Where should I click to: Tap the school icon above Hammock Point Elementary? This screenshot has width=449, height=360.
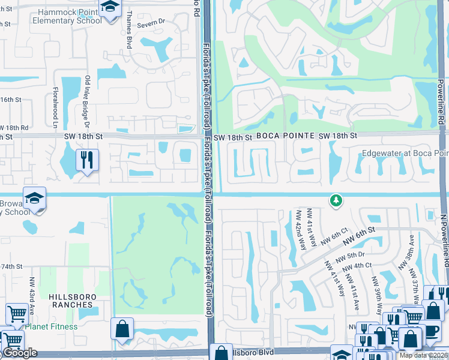click(x=110, y=8)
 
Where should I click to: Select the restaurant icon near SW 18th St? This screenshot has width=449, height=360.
click(x=88, y=160)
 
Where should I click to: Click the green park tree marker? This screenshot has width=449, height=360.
click(x=336, y=200)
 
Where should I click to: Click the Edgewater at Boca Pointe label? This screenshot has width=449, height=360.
click(x=405, y=154)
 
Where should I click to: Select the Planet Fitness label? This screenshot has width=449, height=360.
click(x=51, y=327)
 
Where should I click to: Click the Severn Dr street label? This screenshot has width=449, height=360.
click(x=150, y=23)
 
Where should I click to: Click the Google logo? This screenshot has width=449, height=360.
click(x=20, y=353)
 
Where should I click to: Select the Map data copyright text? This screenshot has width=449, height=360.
click(x=423, y=355)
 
